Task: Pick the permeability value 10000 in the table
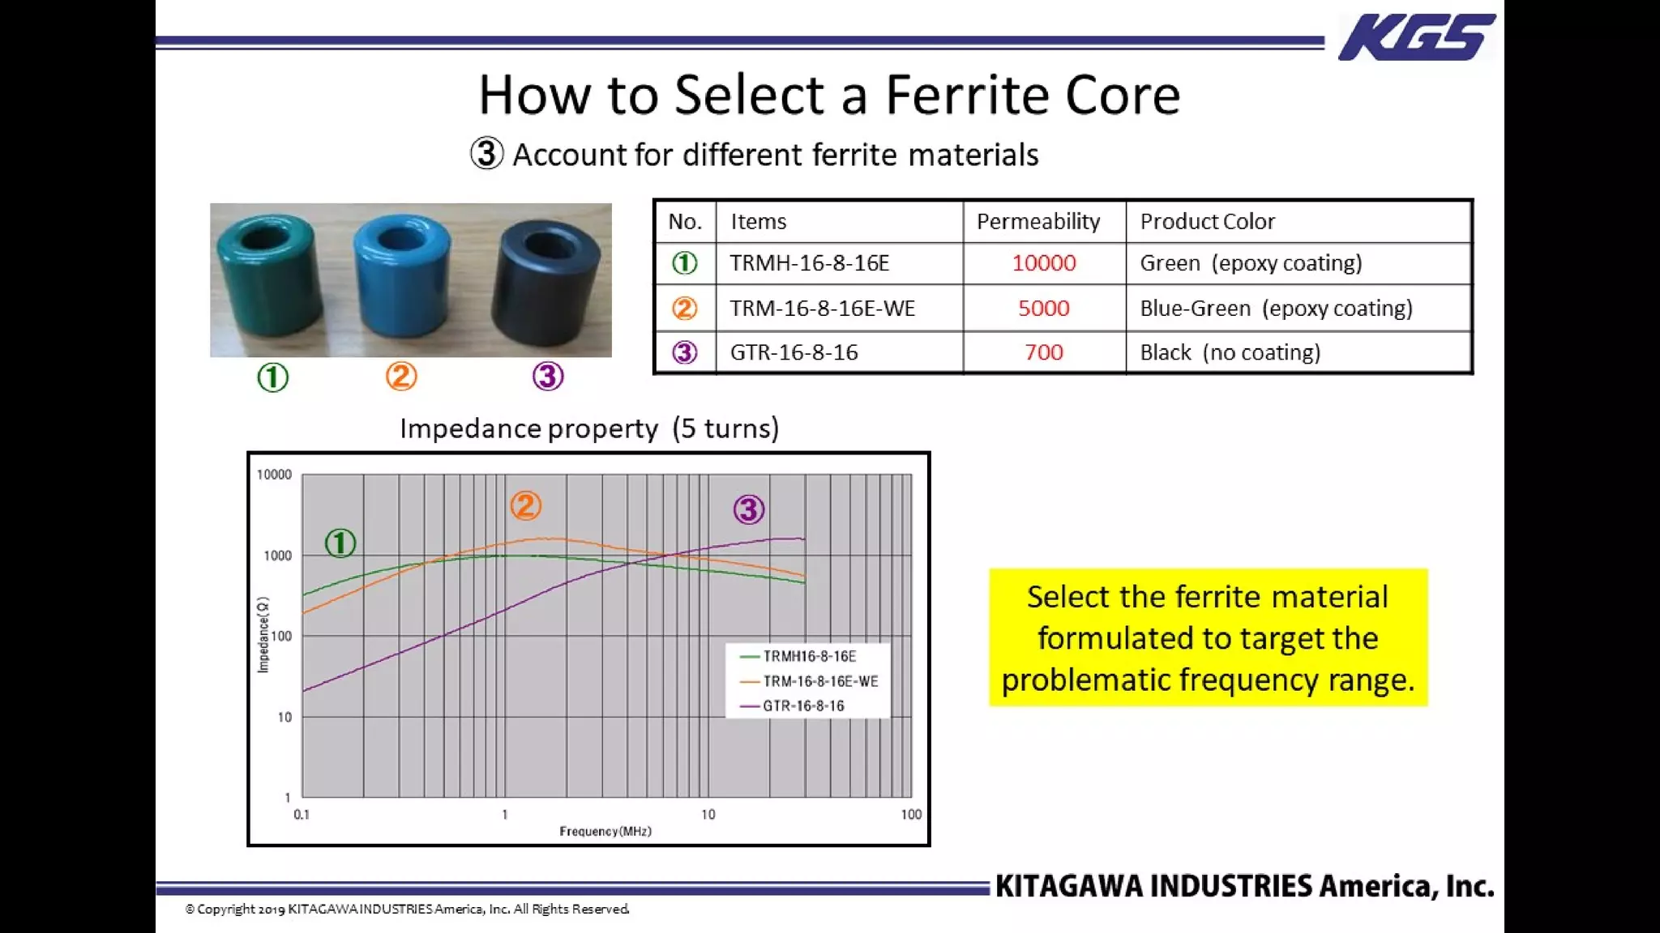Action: [1043, 263]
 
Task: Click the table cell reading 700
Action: [1043, 352]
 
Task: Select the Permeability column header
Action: [1037, 221]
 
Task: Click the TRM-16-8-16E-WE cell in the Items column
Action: [822, 309]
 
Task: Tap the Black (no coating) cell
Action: [1230, 352]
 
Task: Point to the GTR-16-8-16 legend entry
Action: [802, 706]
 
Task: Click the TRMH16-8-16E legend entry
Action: [808, 656]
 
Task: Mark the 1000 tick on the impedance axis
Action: [277, 556]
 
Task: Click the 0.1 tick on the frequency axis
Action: [302, 815]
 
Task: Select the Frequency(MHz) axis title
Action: [605, 832]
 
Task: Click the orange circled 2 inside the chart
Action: [525, 506]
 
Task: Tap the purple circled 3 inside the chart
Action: [748, 509]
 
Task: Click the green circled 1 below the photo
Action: [272, 377]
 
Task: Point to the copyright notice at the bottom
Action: [407, 910]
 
